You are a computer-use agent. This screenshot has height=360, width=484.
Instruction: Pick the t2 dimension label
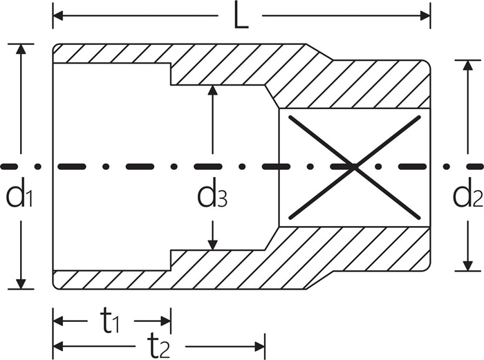point(158,346)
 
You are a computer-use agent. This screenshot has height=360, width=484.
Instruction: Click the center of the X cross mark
point(354,167)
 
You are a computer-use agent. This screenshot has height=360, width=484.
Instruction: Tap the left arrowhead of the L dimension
point(57,15)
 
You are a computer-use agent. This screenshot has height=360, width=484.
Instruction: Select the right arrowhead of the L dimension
point(425,15)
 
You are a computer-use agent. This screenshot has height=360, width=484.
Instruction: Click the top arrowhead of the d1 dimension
point(21,49)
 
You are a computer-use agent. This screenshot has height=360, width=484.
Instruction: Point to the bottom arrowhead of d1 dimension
point(21,284)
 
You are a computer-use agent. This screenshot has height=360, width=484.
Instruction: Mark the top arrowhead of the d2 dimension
point(468,65)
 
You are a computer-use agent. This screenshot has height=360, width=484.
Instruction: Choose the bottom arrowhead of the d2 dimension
point(468,266)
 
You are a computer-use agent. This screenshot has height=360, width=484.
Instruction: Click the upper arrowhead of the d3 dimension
point(212,90)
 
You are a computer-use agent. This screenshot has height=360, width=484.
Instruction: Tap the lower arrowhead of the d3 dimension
point(212,245)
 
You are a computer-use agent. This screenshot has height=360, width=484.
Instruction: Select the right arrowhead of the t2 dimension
point(260,346)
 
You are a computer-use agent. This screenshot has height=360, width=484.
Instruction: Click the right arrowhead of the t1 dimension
point(166,321)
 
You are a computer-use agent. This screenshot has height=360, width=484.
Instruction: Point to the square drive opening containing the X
point(354,168)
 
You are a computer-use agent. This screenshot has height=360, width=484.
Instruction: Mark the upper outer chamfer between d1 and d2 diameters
point(319,52)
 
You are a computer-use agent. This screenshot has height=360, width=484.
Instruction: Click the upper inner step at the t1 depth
point(171,74)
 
